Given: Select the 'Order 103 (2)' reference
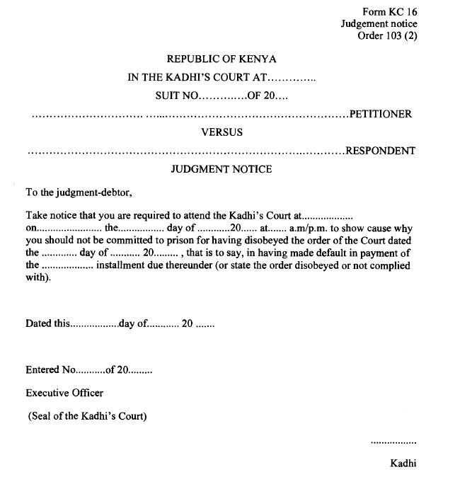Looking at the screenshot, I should point(388,37).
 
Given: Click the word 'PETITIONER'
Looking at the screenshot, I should point(381,115).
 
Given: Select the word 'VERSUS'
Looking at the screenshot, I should point(221,132).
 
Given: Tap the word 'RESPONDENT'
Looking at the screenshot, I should point(379,151).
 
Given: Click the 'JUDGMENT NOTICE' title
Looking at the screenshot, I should point(221,169).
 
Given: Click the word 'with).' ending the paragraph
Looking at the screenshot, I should point(38,277).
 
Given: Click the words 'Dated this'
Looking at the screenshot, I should point(47,324).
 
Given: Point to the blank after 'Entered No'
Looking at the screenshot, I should point(90,370).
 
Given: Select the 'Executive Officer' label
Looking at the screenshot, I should point(64,393).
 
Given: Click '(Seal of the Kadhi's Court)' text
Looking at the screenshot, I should point(88,416).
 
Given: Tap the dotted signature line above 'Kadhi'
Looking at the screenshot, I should point(393,442).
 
